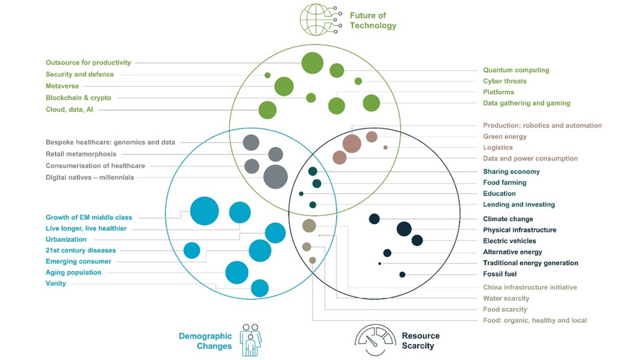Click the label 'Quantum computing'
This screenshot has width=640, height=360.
tap(516, 70)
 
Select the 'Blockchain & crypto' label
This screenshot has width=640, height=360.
tap(78, 98)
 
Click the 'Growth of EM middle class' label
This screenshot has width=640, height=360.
tap(89, 218)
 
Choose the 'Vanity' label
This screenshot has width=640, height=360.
tap(55, 284)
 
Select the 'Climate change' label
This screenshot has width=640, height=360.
tap(508, 219)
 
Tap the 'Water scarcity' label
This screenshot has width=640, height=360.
tap(506, 299)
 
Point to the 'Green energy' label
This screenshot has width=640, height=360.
tap(505, 137)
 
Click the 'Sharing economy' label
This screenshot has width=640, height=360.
tap(511, 172)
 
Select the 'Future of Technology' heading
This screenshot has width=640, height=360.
tap(373, 20)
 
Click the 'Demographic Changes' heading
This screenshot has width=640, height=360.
tap(205, 341)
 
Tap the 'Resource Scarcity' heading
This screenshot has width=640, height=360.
tap(421, 341)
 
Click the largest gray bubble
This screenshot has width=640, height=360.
tap(276, 177)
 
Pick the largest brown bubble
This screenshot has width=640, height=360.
tap(352, 143)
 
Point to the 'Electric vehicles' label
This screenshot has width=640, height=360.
tap(509, 241)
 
